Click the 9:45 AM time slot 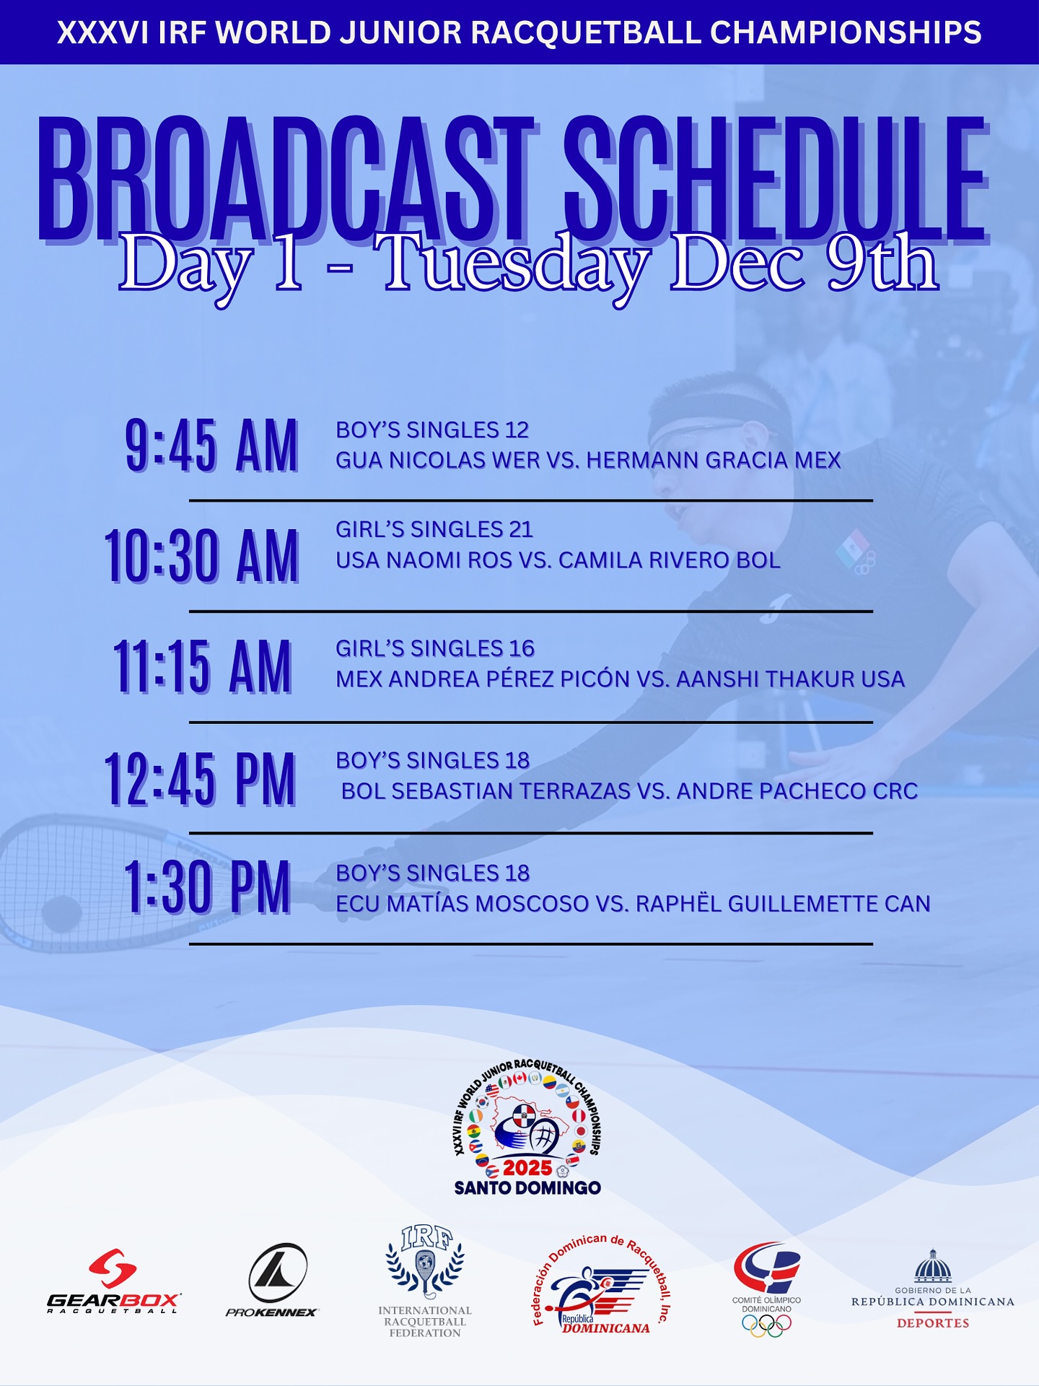(x=211, y=446)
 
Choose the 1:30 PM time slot (x=207, y=888)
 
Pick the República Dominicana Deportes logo (x=933, y=1289)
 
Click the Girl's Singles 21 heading (x=434, y=529)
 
